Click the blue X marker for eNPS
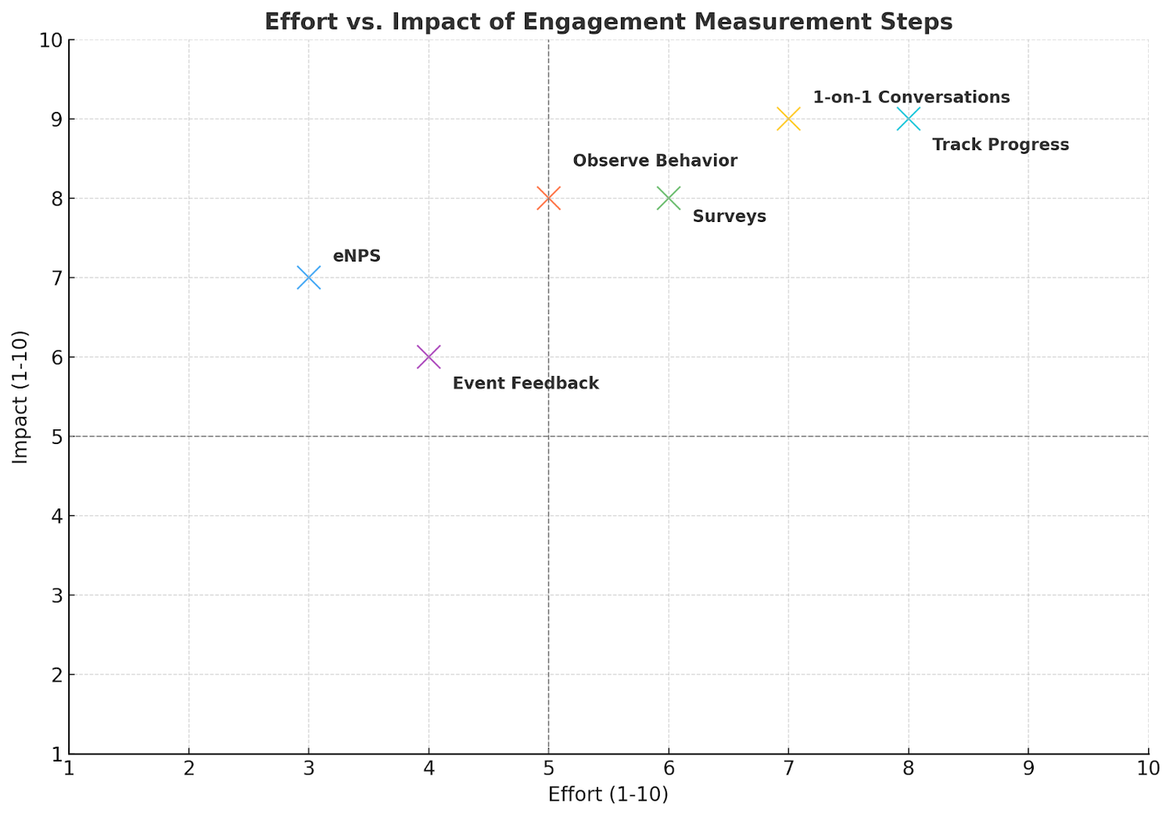tap(309, 278)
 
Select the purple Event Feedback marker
tap(429, 357)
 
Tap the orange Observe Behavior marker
tap(548, 199)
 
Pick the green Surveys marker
tap(669, 199)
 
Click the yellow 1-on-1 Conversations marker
tap(788, 119)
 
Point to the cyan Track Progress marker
tap(908, 119)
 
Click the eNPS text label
tap(357, 256)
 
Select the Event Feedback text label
tap(526, 384)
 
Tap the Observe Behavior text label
tap(655, 161)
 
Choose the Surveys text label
tap(729, 217)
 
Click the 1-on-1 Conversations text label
tap(911, 98)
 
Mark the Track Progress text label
tap(1000, 145)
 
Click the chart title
tap(608, 22)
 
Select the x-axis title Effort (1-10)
tap(608, 795)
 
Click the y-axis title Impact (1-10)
tap(21, 397)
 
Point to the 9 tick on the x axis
tap(1028, 769)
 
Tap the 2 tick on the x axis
tap(188, 769)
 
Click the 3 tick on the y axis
tap(56, 596)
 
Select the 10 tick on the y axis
tap(51, 40)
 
